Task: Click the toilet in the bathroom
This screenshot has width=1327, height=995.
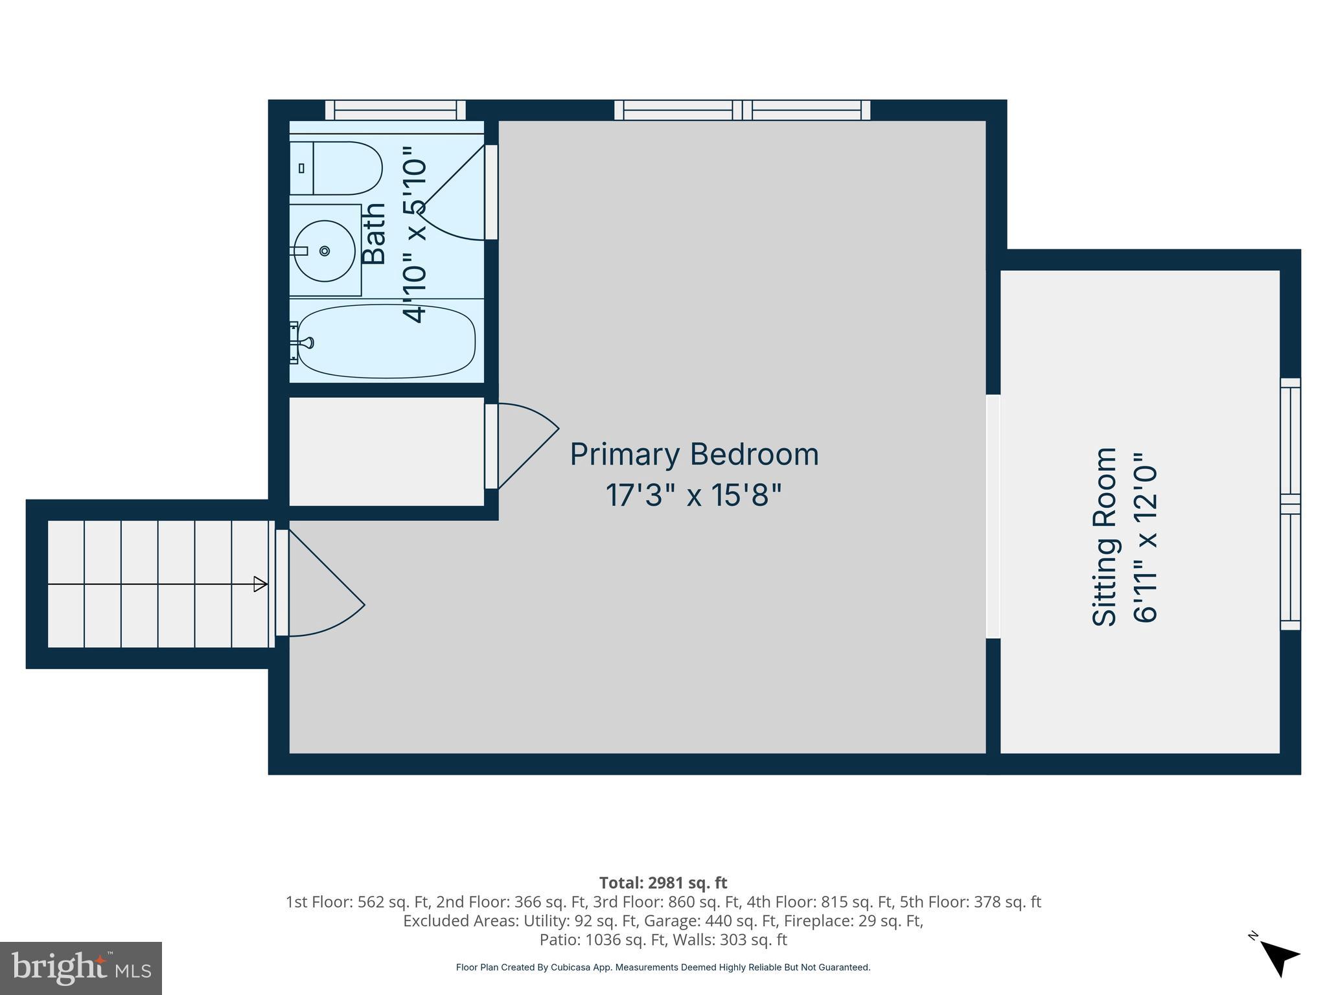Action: [337, 168]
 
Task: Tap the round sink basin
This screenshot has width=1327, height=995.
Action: [325, 251]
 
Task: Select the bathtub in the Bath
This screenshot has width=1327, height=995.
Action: [387, 341]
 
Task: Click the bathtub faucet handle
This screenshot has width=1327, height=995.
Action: [305, 343]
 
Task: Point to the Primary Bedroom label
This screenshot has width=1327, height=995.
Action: [694, 454]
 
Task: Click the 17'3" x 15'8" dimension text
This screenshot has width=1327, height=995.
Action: [693, 496]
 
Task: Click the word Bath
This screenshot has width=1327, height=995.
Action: [374, 233]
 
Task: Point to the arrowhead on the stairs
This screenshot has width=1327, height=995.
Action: [260, 584]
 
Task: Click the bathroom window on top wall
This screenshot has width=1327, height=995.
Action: [395, 110]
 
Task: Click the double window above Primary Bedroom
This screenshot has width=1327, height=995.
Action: [742, 110]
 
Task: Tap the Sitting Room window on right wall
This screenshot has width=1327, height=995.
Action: [1290, 504]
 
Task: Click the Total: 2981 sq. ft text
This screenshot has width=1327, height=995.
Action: [663, 883]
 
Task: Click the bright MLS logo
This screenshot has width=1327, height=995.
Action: [81, 968]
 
